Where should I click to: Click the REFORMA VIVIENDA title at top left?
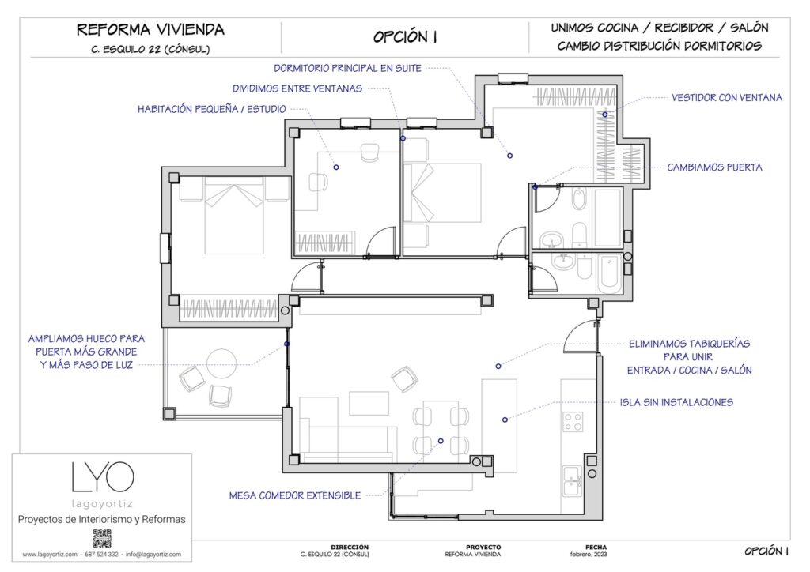tap(150, 30)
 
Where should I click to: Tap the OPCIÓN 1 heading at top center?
tap(405, 37)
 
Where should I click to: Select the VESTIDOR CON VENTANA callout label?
tap(726, 98)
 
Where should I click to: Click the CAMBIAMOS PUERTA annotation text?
tap(714, 167)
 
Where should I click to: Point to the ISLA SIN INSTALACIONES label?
tap(676, 402)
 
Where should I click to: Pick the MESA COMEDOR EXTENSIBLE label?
tap(294, 495)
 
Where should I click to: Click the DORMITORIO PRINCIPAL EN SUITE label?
tap(347, 68)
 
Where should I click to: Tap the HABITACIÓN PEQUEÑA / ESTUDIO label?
tap(211, 109)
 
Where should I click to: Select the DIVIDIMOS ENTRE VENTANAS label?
tap(297, 88)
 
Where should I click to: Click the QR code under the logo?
tap(102, 539)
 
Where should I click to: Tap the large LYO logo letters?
tap(102, 476)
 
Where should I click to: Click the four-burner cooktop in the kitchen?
tap(573, 421)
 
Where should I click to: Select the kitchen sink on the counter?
tap(572, 477)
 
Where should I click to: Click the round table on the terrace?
tap(221, 363)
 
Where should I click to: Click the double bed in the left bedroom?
tap(233, 215)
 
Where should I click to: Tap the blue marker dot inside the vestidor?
tap(604, 115)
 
